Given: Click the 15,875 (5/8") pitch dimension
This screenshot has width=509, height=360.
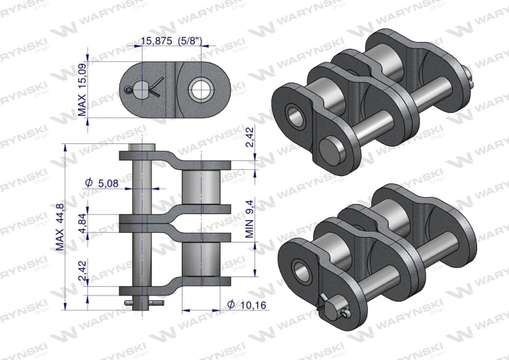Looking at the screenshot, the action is (172, 41).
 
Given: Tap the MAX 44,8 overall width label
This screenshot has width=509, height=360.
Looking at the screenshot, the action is (60, 227).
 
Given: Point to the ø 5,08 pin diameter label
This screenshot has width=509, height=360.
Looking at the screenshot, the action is (102, 183).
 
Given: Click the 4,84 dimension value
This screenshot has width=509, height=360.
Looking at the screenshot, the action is (82, 223).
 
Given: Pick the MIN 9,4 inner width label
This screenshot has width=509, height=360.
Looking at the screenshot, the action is (249, 219).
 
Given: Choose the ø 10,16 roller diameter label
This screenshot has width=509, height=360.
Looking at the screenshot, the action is (247, 305).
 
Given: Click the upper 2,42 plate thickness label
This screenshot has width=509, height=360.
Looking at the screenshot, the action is (249, 138).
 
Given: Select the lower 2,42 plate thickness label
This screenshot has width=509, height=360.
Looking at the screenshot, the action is (82, 270).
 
